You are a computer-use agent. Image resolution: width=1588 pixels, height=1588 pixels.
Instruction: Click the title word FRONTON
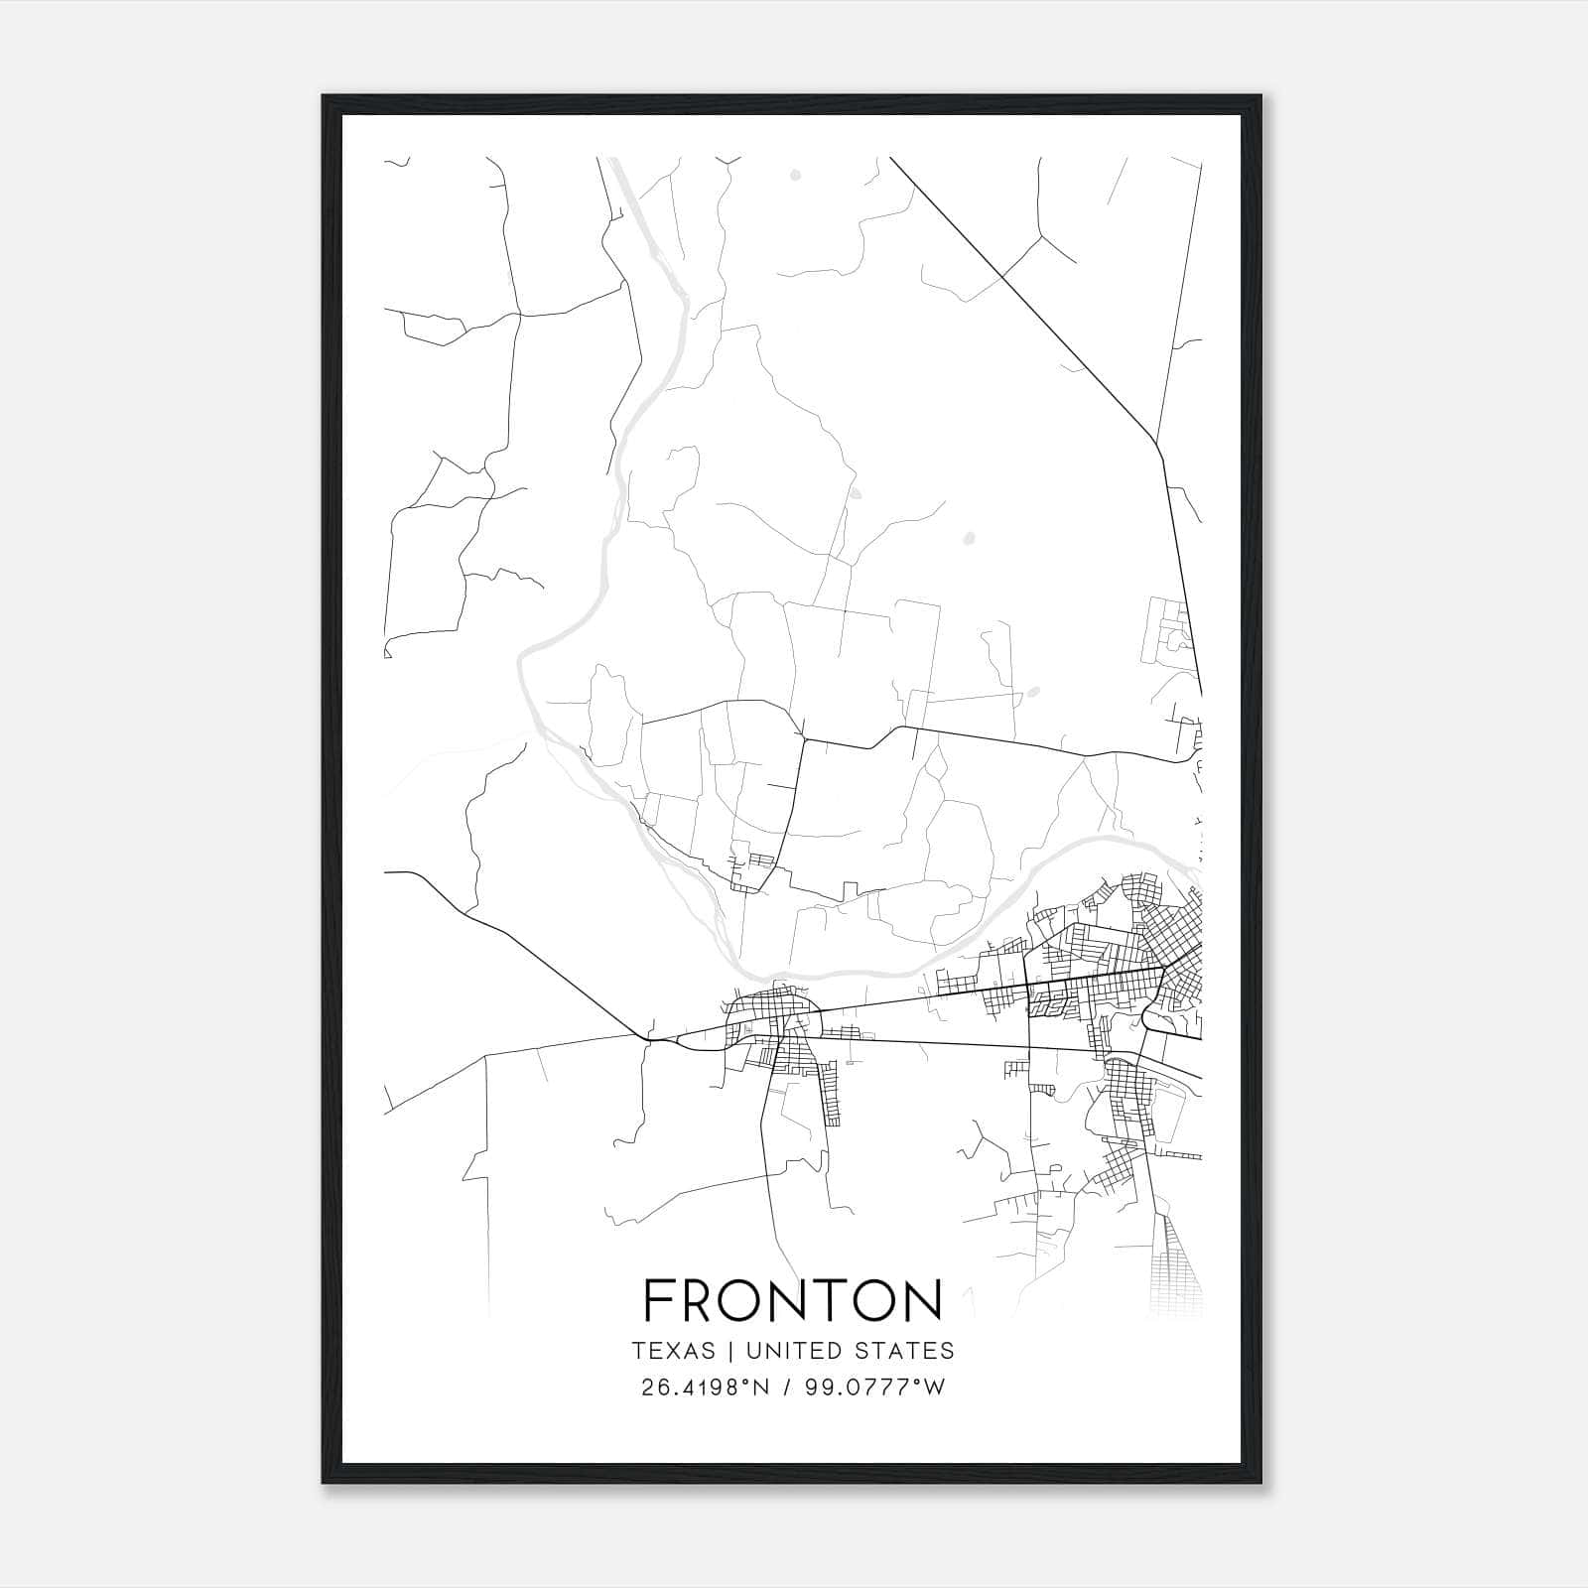point(793,1300)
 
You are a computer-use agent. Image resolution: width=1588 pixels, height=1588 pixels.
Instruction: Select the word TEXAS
point(673,1351)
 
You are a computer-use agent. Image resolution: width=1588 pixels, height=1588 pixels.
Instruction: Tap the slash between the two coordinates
point(787,1388)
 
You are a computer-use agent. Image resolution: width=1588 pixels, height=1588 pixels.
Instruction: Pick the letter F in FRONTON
point(659,1300)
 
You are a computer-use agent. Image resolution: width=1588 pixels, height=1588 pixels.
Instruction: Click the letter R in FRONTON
point(702,1300)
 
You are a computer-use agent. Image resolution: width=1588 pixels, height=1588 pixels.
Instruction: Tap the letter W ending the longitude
point(933,1388)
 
